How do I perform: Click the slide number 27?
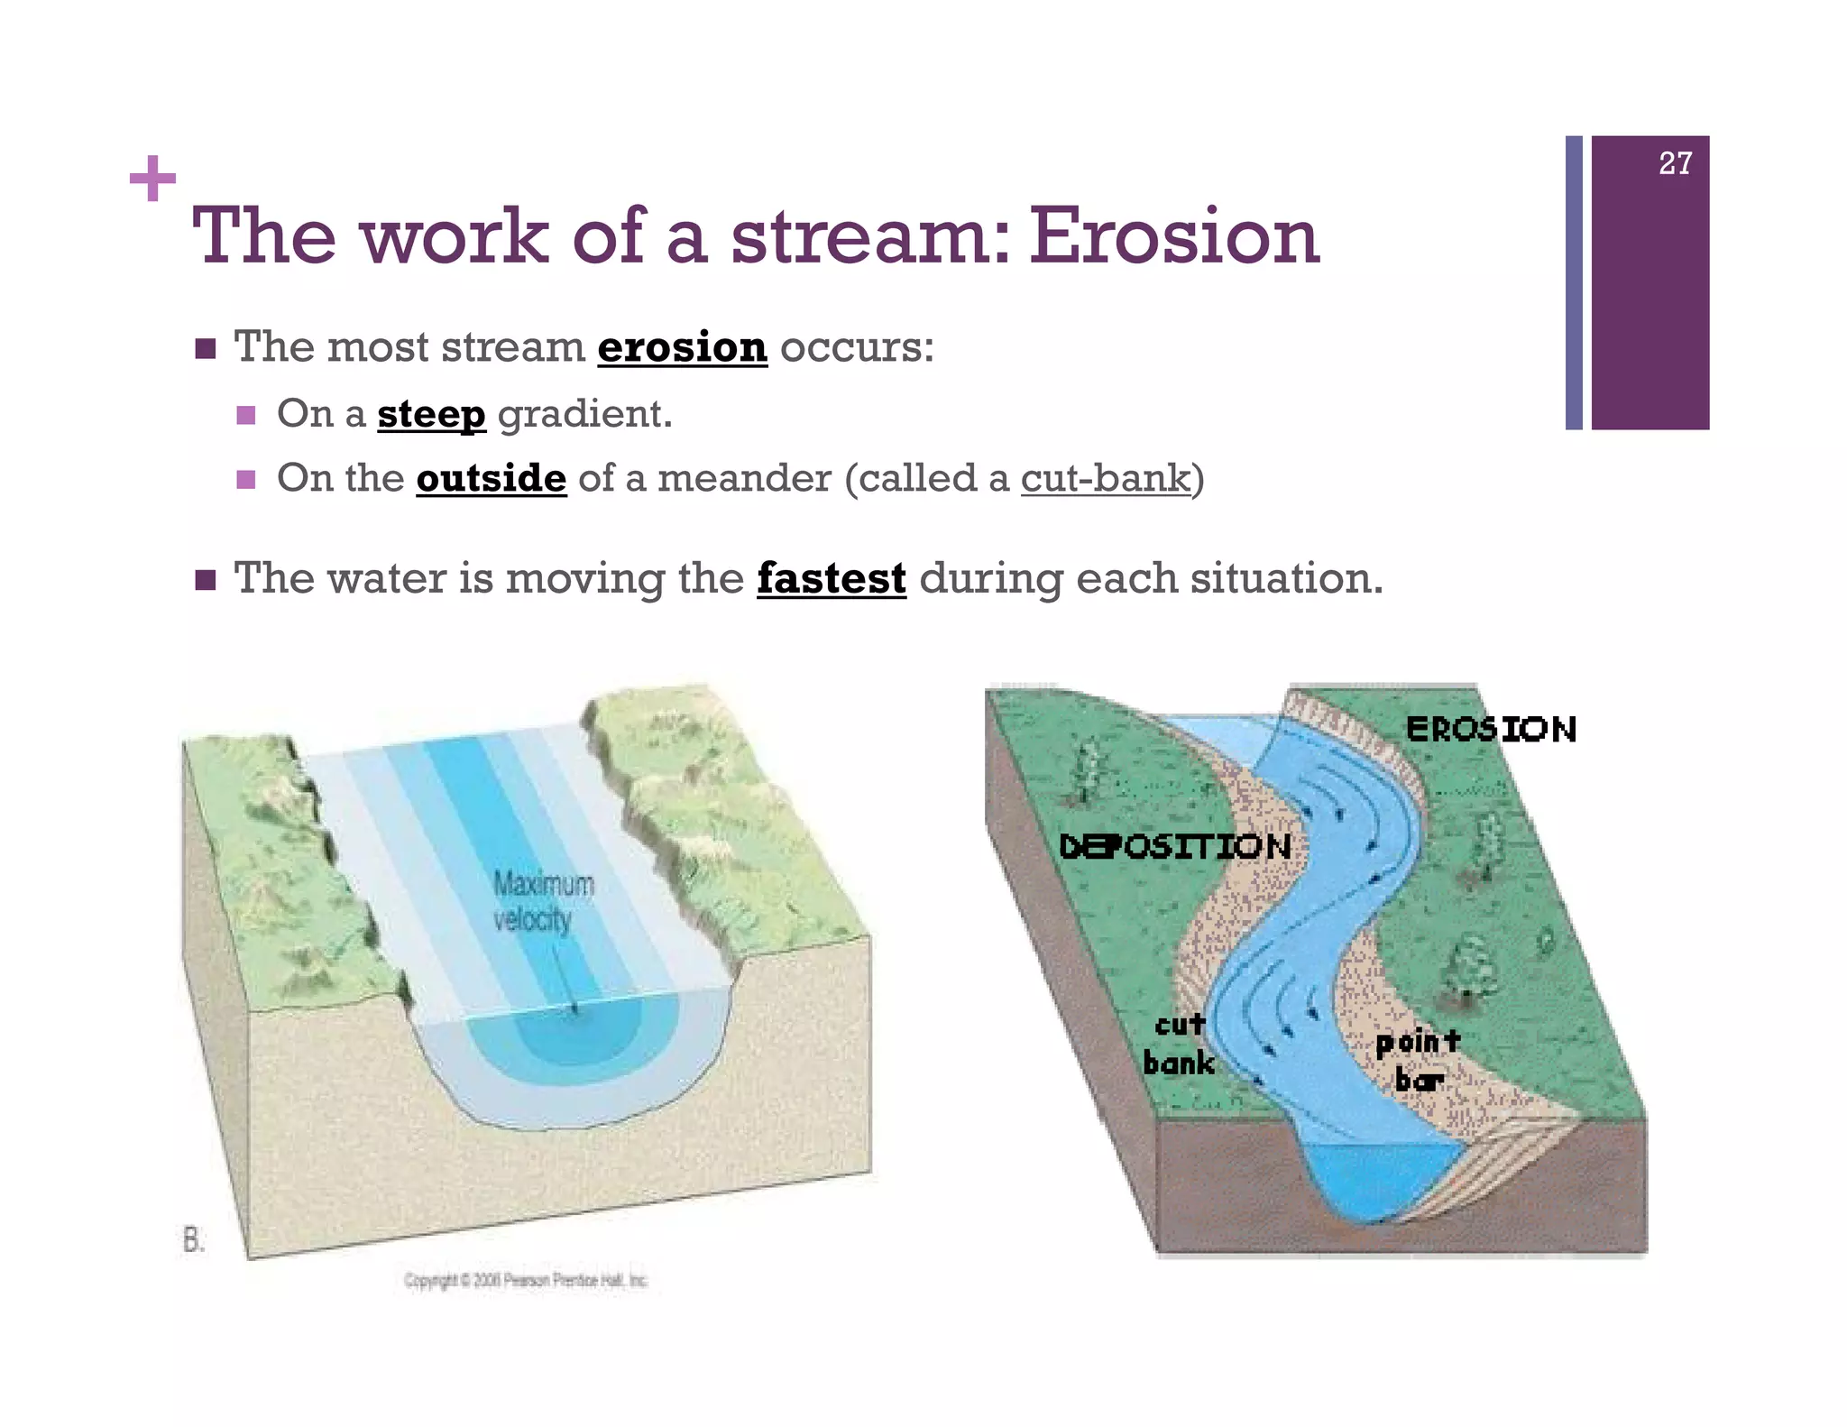point(1675,163)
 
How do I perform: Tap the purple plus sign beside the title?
point(152,180)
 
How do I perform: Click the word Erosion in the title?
point(1174,236)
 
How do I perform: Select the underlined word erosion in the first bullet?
point(682,347)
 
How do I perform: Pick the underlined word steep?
point(431,414)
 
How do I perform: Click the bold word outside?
point(491,478)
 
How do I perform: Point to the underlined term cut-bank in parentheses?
point(1106,478)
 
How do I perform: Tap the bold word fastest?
point(831,578)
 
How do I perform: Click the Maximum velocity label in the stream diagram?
point(542,900)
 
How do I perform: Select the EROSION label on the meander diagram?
point(1490,729)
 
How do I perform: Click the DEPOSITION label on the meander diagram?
point(1174,846)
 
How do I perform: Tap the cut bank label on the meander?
point(1179,1044)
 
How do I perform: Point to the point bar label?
point(1418,1060)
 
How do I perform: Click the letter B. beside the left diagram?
point(194,1240)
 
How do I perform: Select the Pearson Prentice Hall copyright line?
point(526,1280)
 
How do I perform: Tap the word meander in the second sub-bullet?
point(743,478)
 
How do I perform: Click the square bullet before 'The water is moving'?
point(206,579)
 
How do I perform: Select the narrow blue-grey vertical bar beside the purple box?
point(1574,282)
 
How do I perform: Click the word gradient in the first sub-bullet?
point(584,414)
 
